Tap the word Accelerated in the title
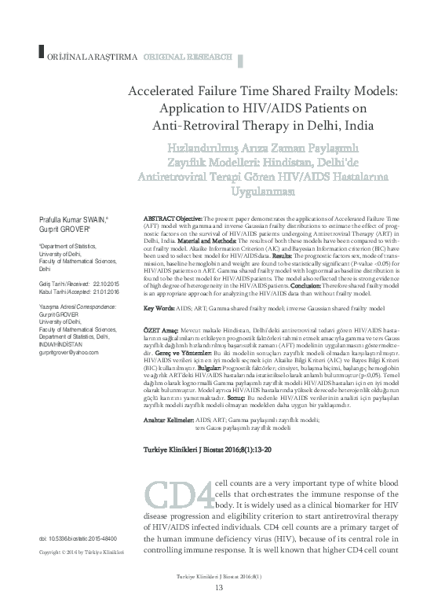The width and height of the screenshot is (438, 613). click(x=169, y=91)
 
